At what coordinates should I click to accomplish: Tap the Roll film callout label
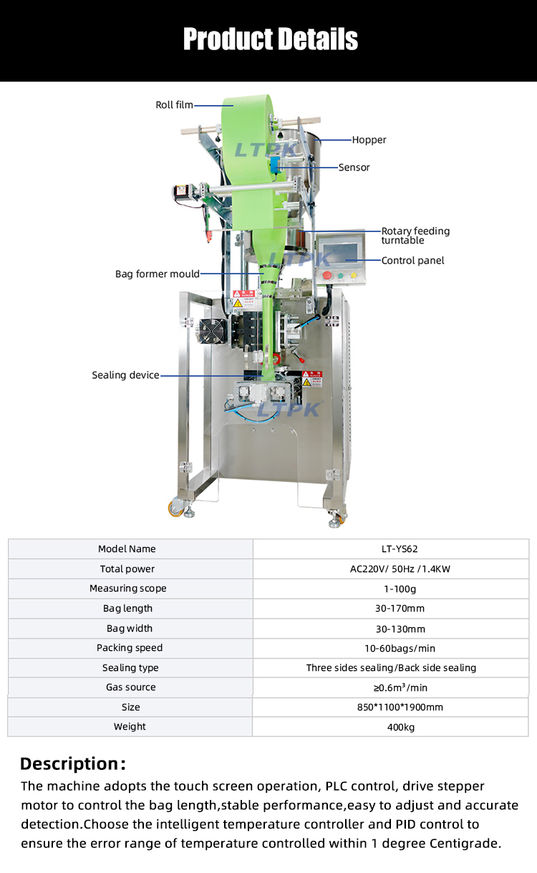(x=174, y=105)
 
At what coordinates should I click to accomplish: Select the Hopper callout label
(x=369, y=140)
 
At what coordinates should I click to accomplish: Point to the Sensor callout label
(x=354, y=168)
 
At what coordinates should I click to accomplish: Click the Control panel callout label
(x=412, y=261)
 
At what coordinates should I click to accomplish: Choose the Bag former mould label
(x=158, y=274)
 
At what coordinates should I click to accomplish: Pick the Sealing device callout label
(x=125, y=375)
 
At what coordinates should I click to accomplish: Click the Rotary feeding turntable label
(x=415, y=236)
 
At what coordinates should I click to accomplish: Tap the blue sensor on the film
(x=276, y=167)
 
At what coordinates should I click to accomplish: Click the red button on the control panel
(x=328, y=275)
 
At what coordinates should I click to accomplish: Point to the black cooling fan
(x=213, y=330)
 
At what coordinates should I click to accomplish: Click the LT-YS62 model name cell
(x=390, y=549)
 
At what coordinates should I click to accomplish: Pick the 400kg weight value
(x=390, y=727)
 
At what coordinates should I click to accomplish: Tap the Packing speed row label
(x=130, y=648)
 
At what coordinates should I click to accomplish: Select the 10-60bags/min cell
(x=390, y=648)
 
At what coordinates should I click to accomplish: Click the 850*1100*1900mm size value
(x=390, y=708)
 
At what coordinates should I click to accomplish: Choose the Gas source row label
(x=130, y=688)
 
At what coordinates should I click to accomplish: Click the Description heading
(x=72, y=763)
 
